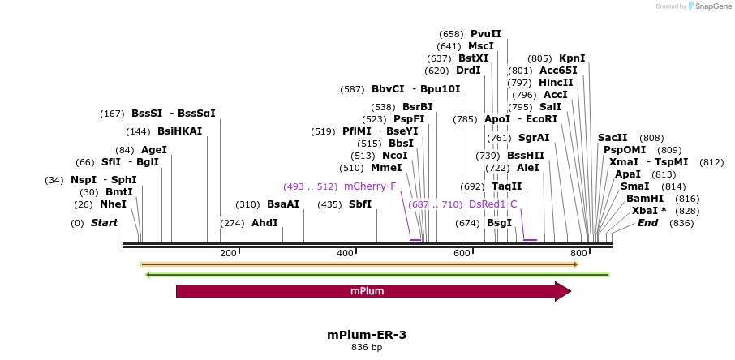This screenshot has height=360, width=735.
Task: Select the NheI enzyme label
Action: pos(113,204)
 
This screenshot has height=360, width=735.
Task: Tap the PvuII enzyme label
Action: pos(486,34)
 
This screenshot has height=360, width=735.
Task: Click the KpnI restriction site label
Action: pos(572,58)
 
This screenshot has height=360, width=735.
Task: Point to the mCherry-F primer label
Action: pos(370,186)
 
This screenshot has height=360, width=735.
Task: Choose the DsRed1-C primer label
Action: pos(492,204)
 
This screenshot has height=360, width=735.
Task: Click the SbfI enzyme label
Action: pos(360,204)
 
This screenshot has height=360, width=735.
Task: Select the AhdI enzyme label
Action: pos(264,223)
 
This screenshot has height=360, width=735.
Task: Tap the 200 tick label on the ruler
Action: pos(228,253)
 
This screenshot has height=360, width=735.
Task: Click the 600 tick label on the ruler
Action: pos(462,253)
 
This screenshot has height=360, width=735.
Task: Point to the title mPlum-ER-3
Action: pos(367,334)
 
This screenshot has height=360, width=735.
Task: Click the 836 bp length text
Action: pos(367,348)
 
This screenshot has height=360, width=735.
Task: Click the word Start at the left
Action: pos(104,223)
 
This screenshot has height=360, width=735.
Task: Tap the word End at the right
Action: pos(647,223)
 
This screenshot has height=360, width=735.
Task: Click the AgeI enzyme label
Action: pos(153,150)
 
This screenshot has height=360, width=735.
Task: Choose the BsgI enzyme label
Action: pos(499,223)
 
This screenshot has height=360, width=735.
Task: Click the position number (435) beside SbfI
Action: pos(329,204)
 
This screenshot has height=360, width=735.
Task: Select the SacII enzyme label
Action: pos(612,138)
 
